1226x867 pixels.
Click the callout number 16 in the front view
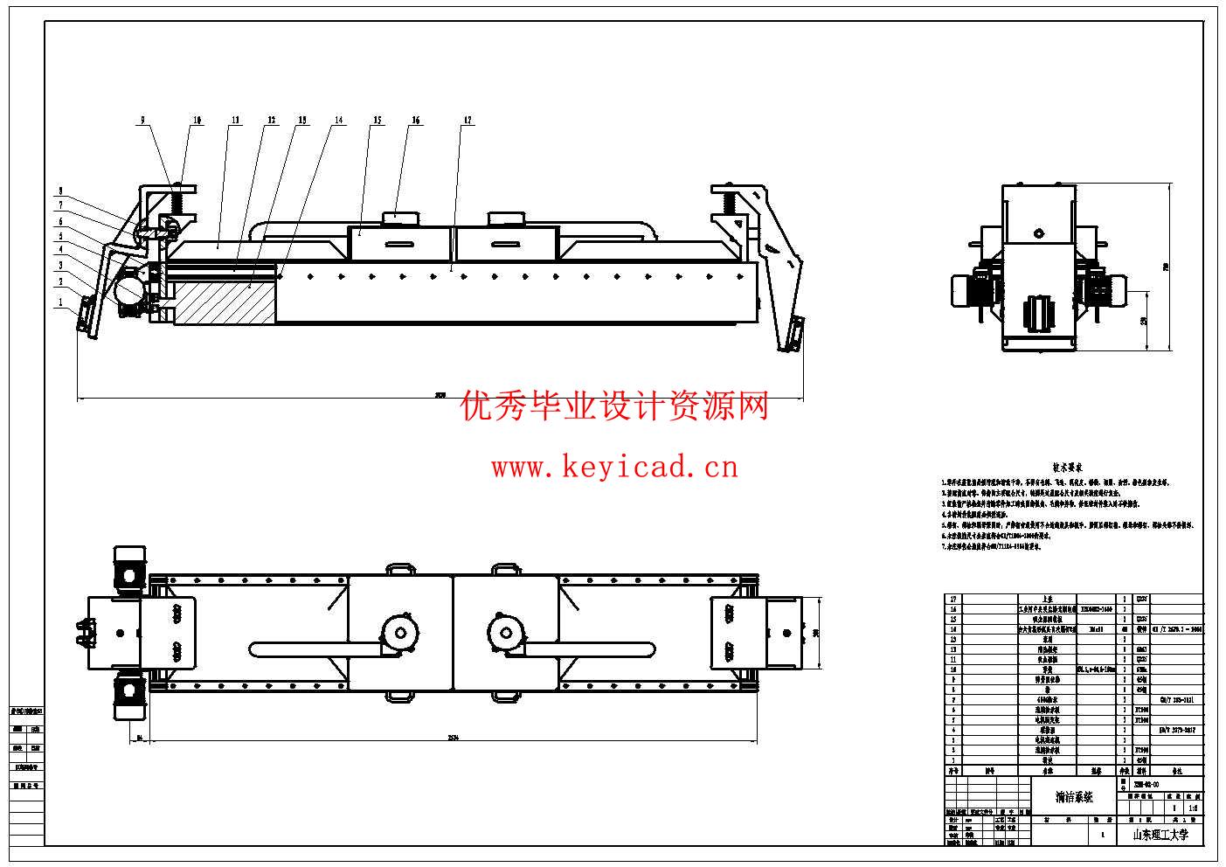(416, 121)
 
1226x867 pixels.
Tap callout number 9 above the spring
(144, 121)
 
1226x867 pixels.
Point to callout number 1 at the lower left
(60, 302)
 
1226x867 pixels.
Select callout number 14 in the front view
(338, 121)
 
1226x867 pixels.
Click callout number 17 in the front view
(468, 121)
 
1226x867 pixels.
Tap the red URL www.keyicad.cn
(614, 468)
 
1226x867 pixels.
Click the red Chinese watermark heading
(614, 406)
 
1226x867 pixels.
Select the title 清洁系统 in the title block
(1073, 797)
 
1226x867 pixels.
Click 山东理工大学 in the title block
(1160, 835)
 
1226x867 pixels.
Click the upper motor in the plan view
(130, 567)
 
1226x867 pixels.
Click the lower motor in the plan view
(130, 696)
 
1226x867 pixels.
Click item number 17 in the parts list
(952, 599)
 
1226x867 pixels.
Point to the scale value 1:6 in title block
(1193, 809)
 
